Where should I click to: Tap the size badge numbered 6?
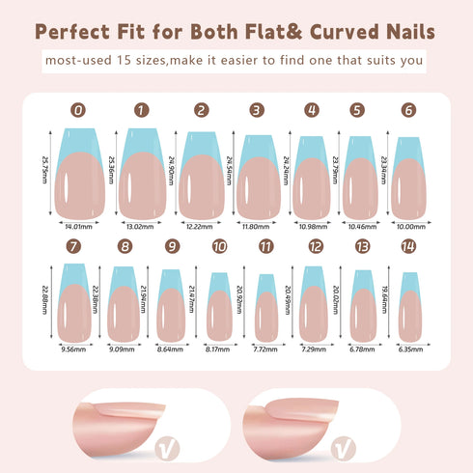407,111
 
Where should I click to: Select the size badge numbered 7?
74,247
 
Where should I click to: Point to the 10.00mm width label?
408,227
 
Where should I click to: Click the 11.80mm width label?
257,227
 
